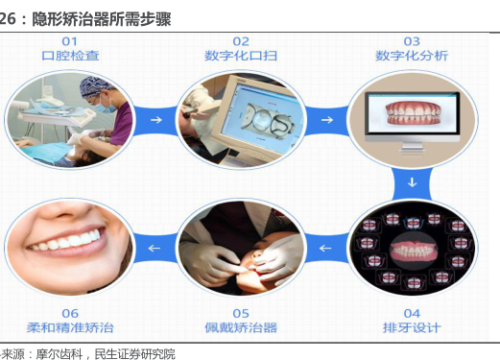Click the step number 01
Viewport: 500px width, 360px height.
[x=69, y=41]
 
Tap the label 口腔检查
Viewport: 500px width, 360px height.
[x=70, y=56]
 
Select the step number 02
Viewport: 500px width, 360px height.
[x=241, y=41]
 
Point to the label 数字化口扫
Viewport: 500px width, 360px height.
[x=241, y=56]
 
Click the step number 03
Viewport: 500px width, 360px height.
[x=412, y=41]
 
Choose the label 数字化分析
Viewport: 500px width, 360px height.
[x=412, y=56]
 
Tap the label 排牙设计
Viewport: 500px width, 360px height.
[x=412, y=327]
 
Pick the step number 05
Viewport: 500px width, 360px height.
[x=241, y=314]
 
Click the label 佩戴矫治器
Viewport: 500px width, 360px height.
[x=241, y=327]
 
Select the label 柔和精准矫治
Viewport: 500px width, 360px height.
[x=70, y=327]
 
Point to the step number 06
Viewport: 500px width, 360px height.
[x=70, y=314]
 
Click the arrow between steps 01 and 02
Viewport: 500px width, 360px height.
[x=156, y=120]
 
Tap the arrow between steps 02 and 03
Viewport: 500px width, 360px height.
[x=327, y=120]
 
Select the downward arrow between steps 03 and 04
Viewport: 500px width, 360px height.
[x=412, y=182]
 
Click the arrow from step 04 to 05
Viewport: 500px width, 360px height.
[x=325, y=248]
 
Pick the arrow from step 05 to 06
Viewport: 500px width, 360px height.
[x=155, y=248]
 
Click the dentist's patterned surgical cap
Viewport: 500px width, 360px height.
[x=94, y=85]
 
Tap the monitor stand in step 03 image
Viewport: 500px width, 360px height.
[x=413, y=148]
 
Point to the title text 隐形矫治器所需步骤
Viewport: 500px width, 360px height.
[x=102, y=19]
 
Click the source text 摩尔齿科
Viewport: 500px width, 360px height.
[x=60, y=354]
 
